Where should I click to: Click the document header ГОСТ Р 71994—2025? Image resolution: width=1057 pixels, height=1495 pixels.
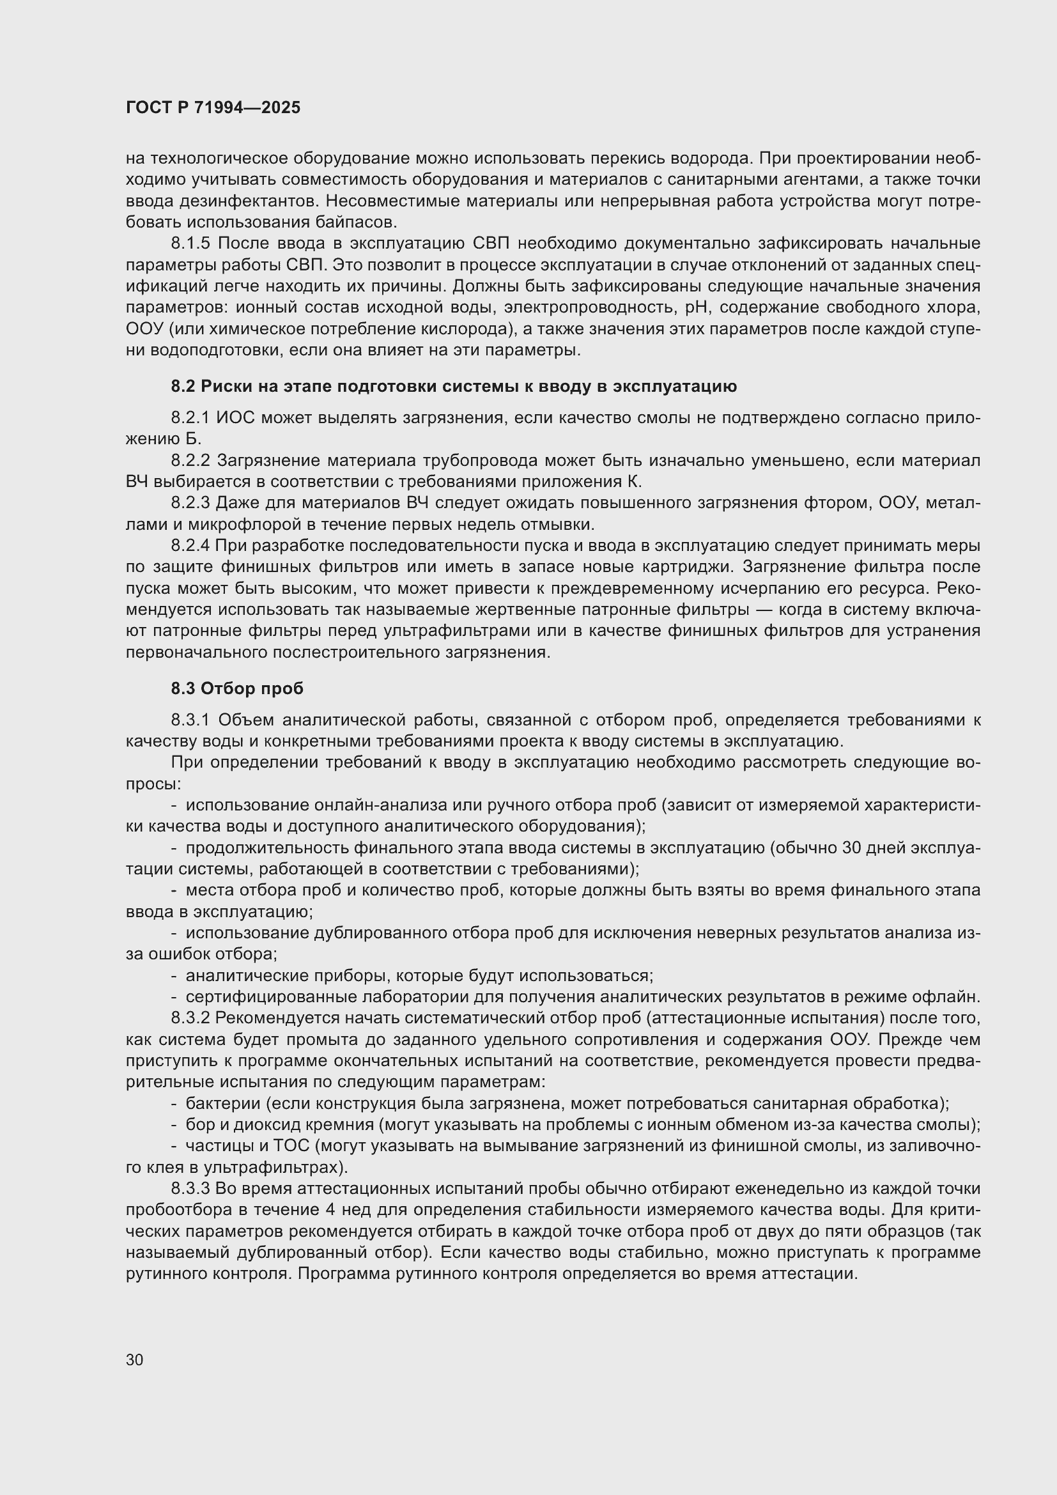click(213, 108)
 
